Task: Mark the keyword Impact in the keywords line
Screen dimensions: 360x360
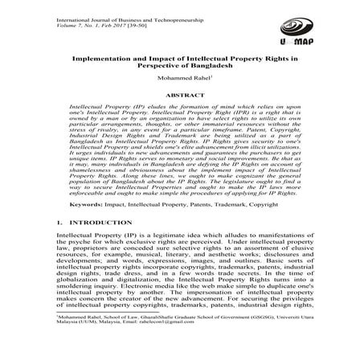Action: [104, 184]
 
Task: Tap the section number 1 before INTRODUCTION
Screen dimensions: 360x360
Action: [59, 200]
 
